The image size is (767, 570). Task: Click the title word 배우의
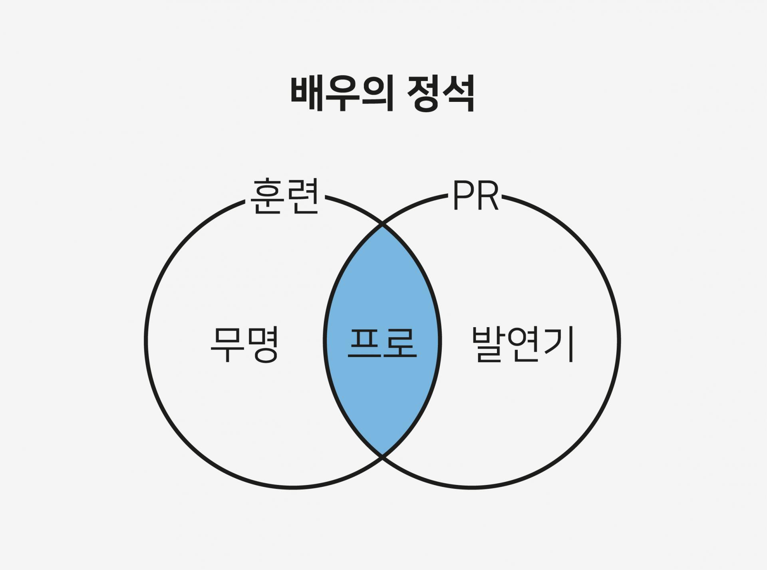pyautogui.click(x=342, y=95)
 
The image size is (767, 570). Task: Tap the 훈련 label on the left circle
pyautogui.click(x=284, y=197)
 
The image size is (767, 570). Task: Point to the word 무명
pyautogui.click(x=244, y=345)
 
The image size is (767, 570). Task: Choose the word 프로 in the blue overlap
pyautogui.click(x=382, y=343)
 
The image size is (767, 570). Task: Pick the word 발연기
pyautogui.click(x=523, y=344)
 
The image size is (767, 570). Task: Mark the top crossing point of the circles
pyautogui.click(x=382, y=226)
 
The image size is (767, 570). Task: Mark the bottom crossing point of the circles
pyautogui.click(x=382, y=455)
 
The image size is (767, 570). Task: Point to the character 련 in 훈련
pyautogui.click(x=302, y=197)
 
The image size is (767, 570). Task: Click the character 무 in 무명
pyautogui.click(x=227, y=345)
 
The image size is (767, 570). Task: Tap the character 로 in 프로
pyautogui.click(x=400, y=343)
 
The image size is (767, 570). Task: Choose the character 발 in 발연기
pyautogui.click(x=488, y=344)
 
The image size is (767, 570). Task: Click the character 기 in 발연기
pyautogui.click(x=559, y=344)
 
